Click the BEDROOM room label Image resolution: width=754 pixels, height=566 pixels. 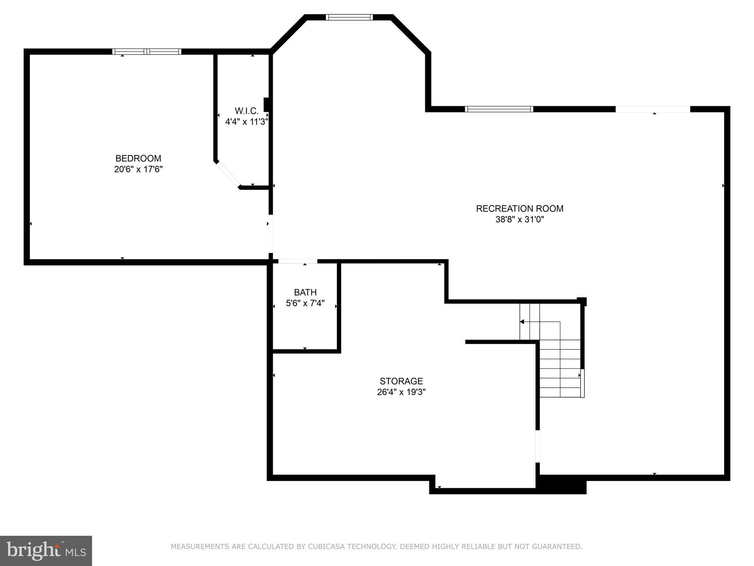(x=138, y=158)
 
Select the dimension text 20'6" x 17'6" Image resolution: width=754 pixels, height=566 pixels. (x=138, y=170)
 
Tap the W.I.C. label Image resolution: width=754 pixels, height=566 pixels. (x=246, y=111)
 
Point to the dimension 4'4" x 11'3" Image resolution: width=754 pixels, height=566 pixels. (x=246, y=122)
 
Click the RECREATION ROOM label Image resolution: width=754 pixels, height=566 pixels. (x=519, y=209)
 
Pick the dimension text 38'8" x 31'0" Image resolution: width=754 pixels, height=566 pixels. (x=519, y=220)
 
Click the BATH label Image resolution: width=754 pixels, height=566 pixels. (x=305, y=292)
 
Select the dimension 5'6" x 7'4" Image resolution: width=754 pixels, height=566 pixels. (x=305, y=303)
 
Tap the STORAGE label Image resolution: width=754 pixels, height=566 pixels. (x=401, y=381)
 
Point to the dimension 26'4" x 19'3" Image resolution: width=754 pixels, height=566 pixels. (x=401, y=392)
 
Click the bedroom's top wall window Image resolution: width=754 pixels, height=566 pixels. (x=147, y=52)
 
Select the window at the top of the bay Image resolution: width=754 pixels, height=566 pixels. (x=349, y=17)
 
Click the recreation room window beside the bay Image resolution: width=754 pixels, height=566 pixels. (x=499, y=109)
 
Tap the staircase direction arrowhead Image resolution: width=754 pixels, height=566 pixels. (x=522, y=322)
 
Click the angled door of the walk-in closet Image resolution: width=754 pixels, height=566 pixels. (x=228, y=174)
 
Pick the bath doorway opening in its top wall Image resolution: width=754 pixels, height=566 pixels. (x=297, y=261)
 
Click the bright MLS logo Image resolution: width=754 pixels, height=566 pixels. (x=46, y=551)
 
